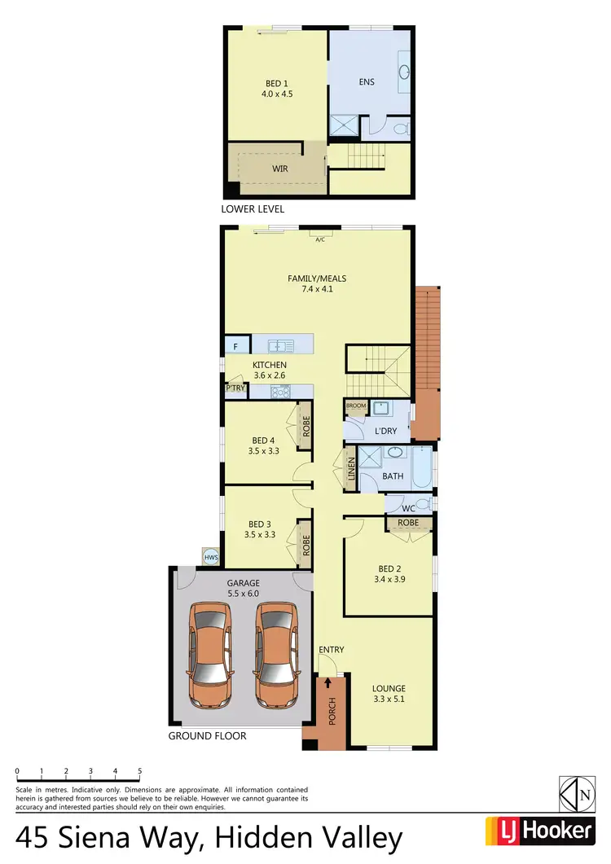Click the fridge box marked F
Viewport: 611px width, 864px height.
(235, 346)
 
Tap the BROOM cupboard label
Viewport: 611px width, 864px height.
(356, 406)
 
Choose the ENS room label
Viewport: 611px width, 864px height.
(366, 82)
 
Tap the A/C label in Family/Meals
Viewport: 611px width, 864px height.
(319, 240)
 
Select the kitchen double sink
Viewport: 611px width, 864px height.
(282, 345)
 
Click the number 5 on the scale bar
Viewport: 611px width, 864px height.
(140, 770)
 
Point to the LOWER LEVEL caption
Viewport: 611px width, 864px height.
(252, 209)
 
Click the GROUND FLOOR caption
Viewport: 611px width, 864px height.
(207, 735)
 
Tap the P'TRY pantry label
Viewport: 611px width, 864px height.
(235, 388)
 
